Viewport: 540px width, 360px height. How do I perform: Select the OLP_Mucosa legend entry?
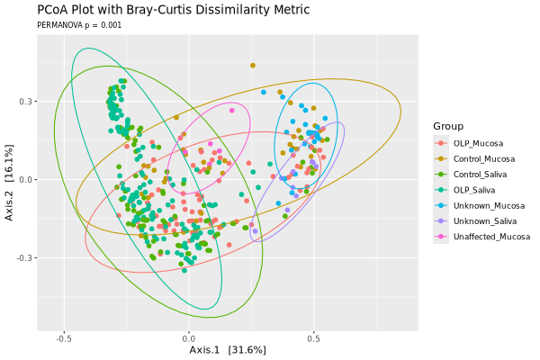pyautogui.click(x=478, y=143)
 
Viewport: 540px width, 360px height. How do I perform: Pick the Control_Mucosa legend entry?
pyautogui.click(x=484, y=158)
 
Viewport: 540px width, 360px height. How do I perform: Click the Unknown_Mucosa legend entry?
pyautogui.click(x=488, y=205)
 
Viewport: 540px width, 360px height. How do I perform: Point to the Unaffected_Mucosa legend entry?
pyautogui.click(x=492, y=237)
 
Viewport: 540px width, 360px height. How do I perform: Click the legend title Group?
pyautogui.click(x=448, y=126)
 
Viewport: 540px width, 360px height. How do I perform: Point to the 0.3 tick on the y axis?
pyautogui.click(x=26, y=102)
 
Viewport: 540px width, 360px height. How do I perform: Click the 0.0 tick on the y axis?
pyautogui.click(x=26, y=180)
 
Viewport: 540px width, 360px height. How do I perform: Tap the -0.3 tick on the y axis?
pyautogui.click(x=24, y=258)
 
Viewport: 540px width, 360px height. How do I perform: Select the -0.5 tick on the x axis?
pyautogui.click(x=63, y=340)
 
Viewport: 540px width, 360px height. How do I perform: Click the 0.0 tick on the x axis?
pyautogui.click(x=188, y=340)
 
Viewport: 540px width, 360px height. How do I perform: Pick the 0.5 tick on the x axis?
pyautogui.click(x=313, y=340)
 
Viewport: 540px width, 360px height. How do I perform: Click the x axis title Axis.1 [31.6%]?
pyautogui.click(x=227, y=350)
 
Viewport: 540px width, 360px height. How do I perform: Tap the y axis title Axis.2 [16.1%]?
pyautogui.click(x=9, y=186)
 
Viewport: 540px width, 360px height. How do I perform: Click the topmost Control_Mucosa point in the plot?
pyautogui.click(x=253, y=65)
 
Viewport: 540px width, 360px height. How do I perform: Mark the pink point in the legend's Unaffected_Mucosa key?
pyautogui.click(x=441, y=237)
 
